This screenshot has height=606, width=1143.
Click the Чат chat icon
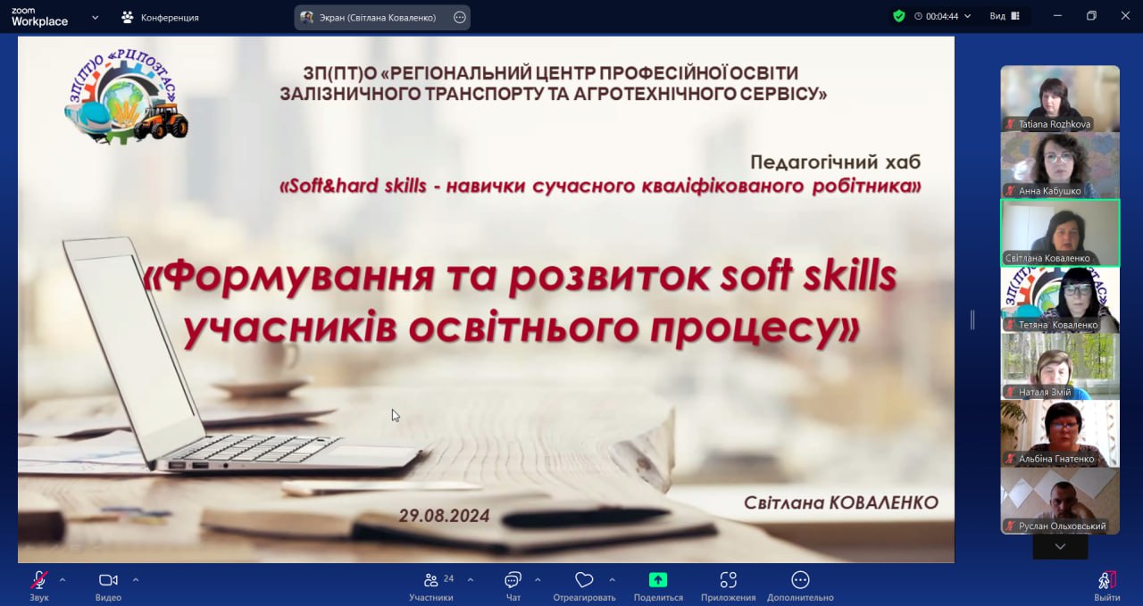[x=513, y=580]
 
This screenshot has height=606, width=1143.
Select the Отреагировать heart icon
[x=584, y=580]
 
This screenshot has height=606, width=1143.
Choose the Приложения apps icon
[x=728, y=580]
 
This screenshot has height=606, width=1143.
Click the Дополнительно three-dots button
[x=800, y=580]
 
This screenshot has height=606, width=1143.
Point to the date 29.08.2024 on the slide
[x=444, y=516]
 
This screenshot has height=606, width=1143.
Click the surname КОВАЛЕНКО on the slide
[x=883, y=503]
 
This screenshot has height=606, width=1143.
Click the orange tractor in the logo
[x=163, y=120]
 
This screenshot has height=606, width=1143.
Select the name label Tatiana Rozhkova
[x=1055, y=124]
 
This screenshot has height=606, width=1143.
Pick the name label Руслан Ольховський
[x=1062, y=526]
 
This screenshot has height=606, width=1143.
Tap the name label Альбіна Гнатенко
[x=1056, y=459]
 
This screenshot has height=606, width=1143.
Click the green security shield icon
[x=899, y=16]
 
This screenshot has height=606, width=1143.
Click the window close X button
[x=1125, y=16]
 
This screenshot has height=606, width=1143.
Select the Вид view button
[x=1005, y=16]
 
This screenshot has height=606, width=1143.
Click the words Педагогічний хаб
[x=835, y=162]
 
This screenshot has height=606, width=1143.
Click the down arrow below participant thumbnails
[x=1060, y=547]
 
